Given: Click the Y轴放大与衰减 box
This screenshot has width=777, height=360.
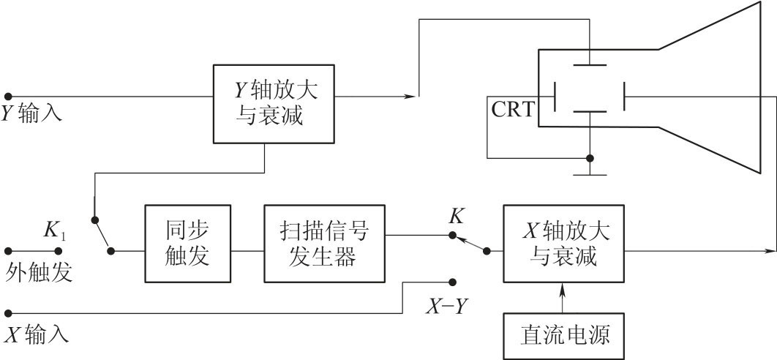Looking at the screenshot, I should point(275,103).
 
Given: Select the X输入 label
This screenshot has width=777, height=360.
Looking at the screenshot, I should point(37,335).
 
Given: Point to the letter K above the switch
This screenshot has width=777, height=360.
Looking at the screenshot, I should point(456,216).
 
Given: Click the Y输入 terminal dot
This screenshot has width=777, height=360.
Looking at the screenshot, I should point(8,96).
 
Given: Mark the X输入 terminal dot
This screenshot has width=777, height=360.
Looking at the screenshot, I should point(8,313).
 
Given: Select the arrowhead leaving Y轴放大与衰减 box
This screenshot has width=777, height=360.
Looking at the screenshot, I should point(413,96).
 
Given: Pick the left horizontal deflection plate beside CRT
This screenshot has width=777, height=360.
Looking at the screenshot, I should point(555,96).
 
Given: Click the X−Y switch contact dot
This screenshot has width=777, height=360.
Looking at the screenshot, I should point(453,282).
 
